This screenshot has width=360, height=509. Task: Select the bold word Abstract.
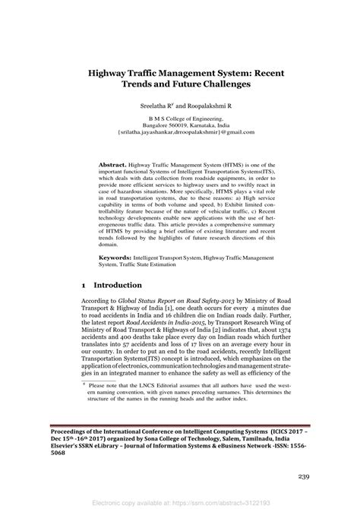pyautogui.click(x=115, y=164)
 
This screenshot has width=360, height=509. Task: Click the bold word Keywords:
pyautogui.click(x=118, y=259)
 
